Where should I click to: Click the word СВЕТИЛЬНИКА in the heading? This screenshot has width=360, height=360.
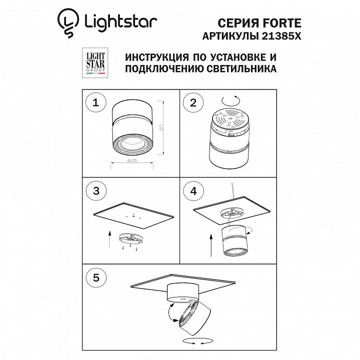[x=242, y=70]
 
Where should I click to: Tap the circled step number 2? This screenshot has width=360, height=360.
[x=192, y=103]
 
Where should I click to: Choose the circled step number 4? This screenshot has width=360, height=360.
[x=192, y=190]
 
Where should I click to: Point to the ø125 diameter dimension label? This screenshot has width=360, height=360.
[x=132, y=161]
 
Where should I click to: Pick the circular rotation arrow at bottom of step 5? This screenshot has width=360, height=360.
[x=194, y=341]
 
